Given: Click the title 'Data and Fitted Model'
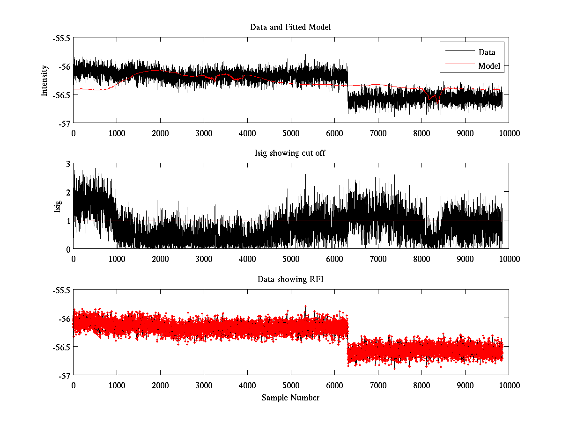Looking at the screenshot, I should point(290,27).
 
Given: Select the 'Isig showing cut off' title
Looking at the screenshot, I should point(290,153).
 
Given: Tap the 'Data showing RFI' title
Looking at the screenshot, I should point(290,279).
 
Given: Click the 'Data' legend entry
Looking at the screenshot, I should point(487,52).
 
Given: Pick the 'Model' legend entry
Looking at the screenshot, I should point(489,66).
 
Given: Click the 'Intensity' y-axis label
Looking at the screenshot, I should point(44,80).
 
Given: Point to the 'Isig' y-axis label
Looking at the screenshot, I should point(57,206).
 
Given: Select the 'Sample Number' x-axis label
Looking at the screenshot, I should point(290,398).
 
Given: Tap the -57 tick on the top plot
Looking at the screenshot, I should point(64,123).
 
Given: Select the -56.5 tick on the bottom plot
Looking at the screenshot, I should point(61,347).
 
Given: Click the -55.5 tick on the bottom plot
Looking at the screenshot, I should point(61,290).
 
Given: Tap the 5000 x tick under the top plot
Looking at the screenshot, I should point(291,133).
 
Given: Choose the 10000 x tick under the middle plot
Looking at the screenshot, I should point(509,259).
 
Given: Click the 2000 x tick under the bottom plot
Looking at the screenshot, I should point(160,385).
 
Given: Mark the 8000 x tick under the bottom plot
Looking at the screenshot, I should point(421,385).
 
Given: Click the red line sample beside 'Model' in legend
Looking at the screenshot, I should point(459,66).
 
